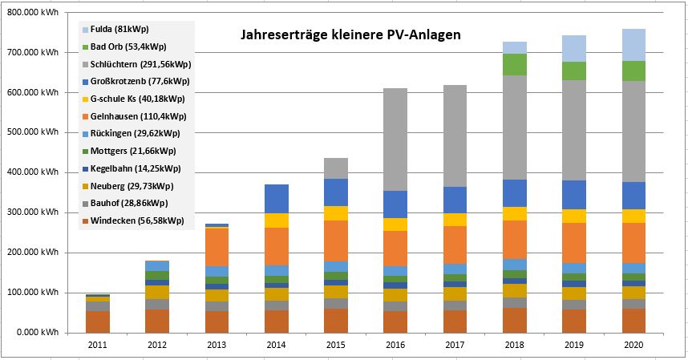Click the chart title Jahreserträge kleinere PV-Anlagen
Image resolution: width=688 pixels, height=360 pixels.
351,36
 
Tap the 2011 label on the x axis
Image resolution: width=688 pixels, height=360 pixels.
98,344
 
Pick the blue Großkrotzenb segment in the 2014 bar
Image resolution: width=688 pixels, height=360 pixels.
276,199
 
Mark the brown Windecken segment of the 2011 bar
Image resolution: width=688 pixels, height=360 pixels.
98,322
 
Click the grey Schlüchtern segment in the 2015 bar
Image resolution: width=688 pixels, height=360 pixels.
336,168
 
